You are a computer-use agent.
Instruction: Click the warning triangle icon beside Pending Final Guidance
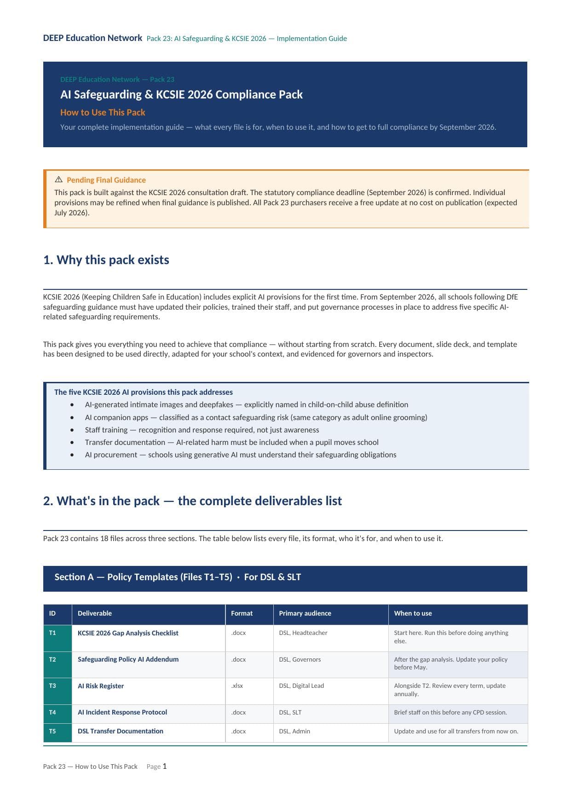coord(58,179)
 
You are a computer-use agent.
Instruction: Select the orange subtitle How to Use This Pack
coord(103,112)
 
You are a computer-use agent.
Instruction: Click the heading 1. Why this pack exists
coord(106,260)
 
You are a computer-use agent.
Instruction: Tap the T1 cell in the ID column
coord(52,633)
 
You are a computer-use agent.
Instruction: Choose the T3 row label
coord(52,686)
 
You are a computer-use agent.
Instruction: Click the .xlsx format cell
coord(237,686)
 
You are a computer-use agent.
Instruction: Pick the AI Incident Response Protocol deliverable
coord(122,712)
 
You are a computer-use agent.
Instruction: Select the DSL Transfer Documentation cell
coord(121,731)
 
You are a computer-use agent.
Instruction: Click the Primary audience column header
coord(305,613)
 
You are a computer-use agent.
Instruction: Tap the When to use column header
coord(413,613)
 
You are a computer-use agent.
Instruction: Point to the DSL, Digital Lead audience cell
coord(301,686)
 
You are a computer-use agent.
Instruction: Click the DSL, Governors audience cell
coord(300,659)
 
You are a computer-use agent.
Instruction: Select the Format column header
coord(242,613)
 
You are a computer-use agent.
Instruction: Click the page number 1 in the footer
coord(165,766)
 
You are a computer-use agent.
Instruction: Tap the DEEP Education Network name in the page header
coord(92,38)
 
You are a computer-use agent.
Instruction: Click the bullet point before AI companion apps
coord(72,417)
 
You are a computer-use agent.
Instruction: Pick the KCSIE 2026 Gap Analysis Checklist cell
coord(128,633)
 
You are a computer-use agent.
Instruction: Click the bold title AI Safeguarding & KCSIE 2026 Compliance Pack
coord(181,95)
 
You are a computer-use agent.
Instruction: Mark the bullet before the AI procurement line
coord(72,455)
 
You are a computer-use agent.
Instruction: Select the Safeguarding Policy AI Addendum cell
coord(128,659)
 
